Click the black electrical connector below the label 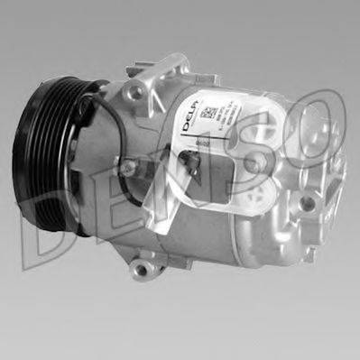pyautogui.click(x=189, y=160)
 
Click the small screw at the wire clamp pyautogui.click(x=130, y=167)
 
